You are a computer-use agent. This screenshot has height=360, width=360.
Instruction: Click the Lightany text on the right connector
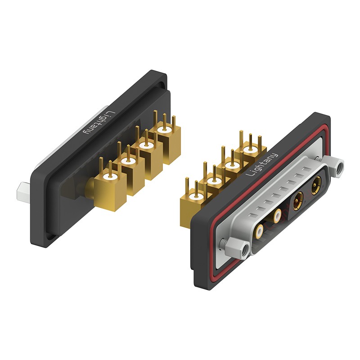pyautogui.click(x=261, y=164)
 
